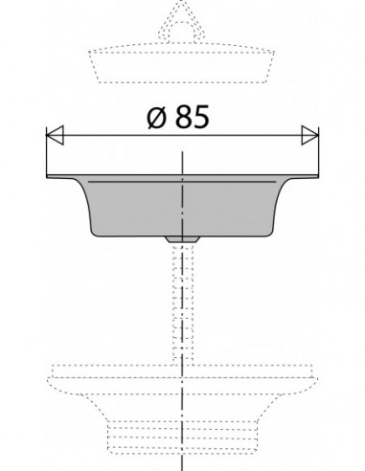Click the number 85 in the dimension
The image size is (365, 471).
192,117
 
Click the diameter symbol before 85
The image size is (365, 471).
157,118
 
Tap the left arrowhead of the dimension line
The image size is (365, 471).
55,135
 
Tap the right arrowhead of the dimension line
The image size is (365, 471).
310,135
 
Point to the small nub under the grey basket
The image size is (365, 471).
182,239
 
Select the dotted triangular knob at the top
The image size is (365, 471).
181,22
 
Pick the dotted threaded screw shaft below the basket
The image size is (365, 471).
183,303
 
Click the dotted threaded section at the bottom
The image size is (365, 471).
182,437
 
